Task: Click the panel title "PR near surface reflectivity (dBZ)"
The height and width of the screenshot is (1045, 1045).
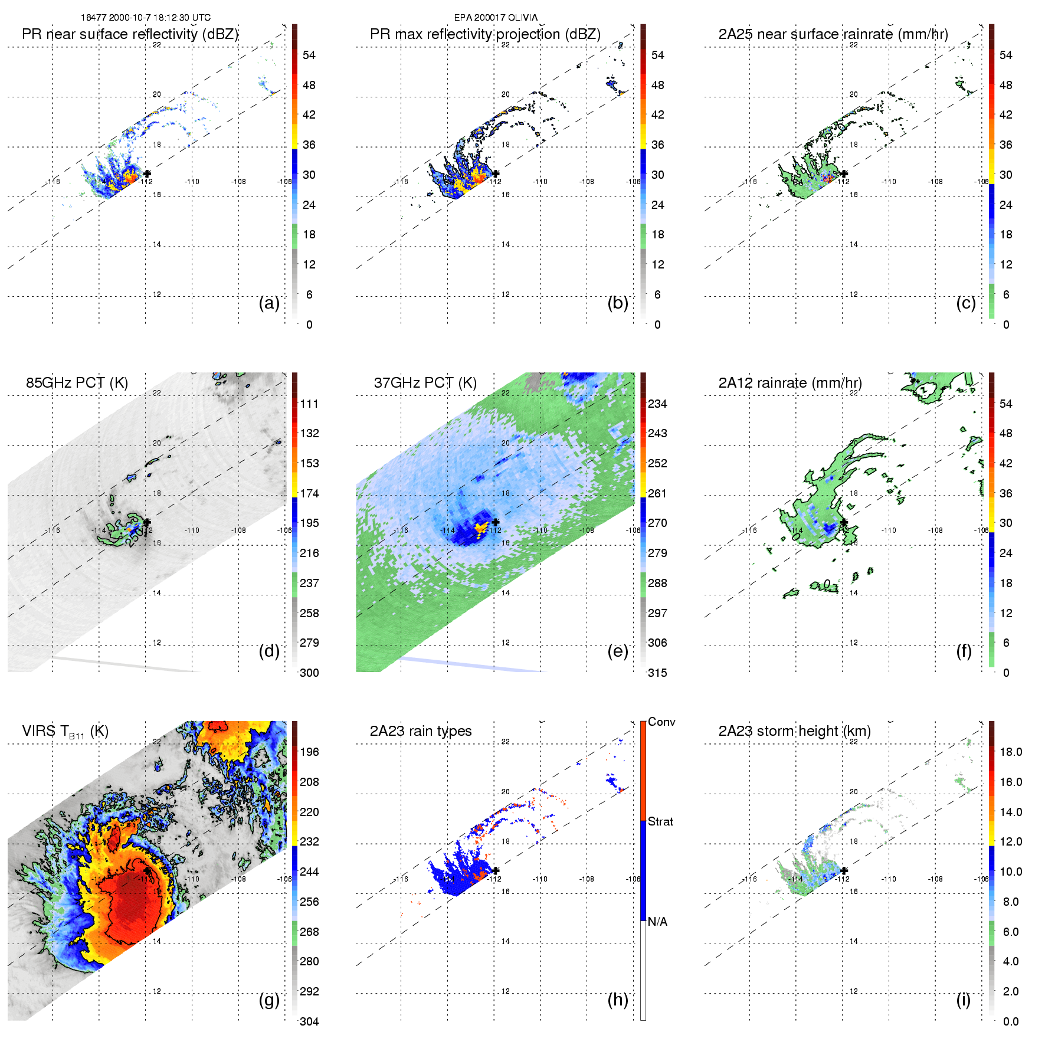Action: (x=130, y=34)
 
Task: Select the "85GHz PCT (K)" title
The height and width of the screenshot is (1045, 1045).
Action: (x=77, y=383)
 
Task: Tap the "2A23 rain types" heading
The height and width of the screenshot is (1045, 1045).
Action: (x=421, y=731)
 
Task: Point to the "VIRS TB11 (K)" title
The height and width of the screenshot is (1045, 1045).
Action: (x=65, y=732)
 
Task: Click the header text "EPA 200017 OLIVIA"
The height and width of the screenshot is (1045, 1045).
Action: (x=496, y=17)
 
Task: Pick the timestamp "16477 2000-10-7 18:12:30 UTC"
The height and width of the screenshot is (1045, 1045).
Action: (x=146, y=17)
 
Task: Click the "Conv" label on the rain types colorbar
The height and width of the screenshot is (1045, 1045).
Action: (x=661, y=722)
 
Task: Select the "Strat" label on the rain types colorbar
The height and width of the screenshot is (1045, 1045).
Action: (x=660, y=821)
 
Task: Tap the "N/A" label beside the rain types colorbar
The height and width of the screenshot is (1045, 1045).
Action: (x=657, y=922)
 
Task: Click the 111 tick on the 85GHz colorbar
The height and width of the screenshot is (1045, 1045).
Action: (x=309, y=404)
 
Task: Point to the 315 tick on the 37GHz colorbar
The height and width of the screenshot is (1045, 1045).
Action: (x=657, y=673)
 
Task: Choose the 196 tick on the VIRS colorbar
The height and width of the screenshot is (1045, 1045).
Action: (x=309, y=752)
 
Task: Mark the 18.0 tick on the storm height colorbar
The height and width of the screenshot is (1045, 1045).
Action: (x=1010, y=752)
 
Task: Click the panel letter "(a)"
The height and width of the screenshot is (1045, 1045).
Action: (x=269, y=303)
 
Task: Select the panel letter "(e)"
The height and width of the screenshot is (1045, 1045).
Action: (x=618, y=651)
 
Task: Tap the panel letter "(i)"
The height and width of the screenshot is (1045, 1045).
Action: (x=963, y=1000)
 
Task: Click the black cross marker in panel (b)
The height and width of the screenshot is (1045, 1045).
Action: (x=496, y=173)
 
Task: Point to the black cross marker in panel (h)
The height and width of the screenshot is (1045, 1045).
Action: (x=496, y=870)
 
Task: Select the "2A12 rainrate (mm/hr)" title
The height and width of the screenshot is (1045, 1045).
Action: (x=790, y=383)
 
